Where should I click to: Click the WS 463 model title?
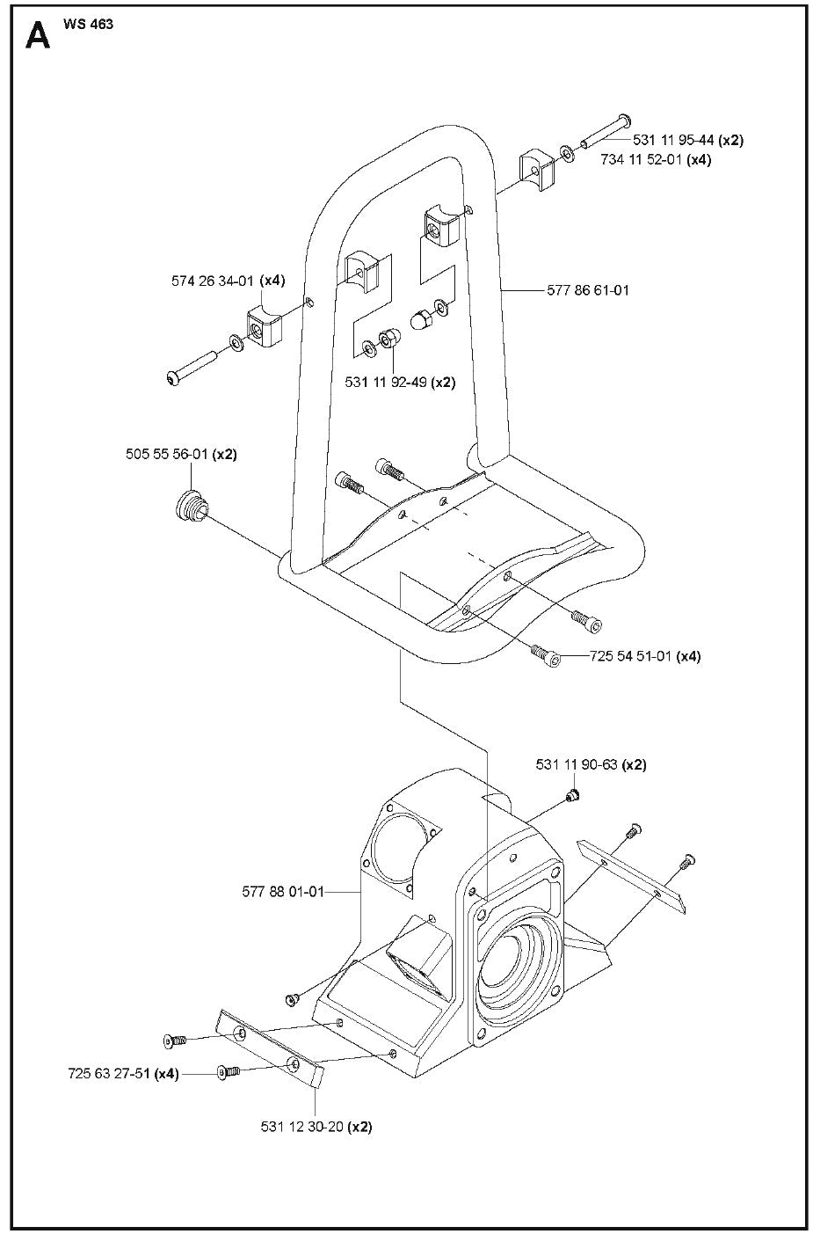[x=88, y=24]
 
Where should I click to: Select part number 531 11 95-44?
[x=674, y=140]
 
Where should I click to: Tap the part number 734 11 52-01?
[x=642, y=160]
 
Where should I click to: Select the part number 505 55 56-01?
[x=165, y=455]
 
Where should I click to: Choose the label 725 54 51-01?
[x=618, y=656]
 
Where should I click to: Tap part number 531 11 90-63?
[x=577, y=765]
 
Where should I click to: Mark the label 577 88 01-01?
[x=283, y=892]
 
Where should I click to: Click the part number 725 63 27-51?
[x=109, y=1074]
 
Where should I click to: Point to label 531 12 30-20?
[x=302, y=1127]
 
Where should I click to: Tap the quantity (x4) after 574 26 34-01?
[x=272, y=281]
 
